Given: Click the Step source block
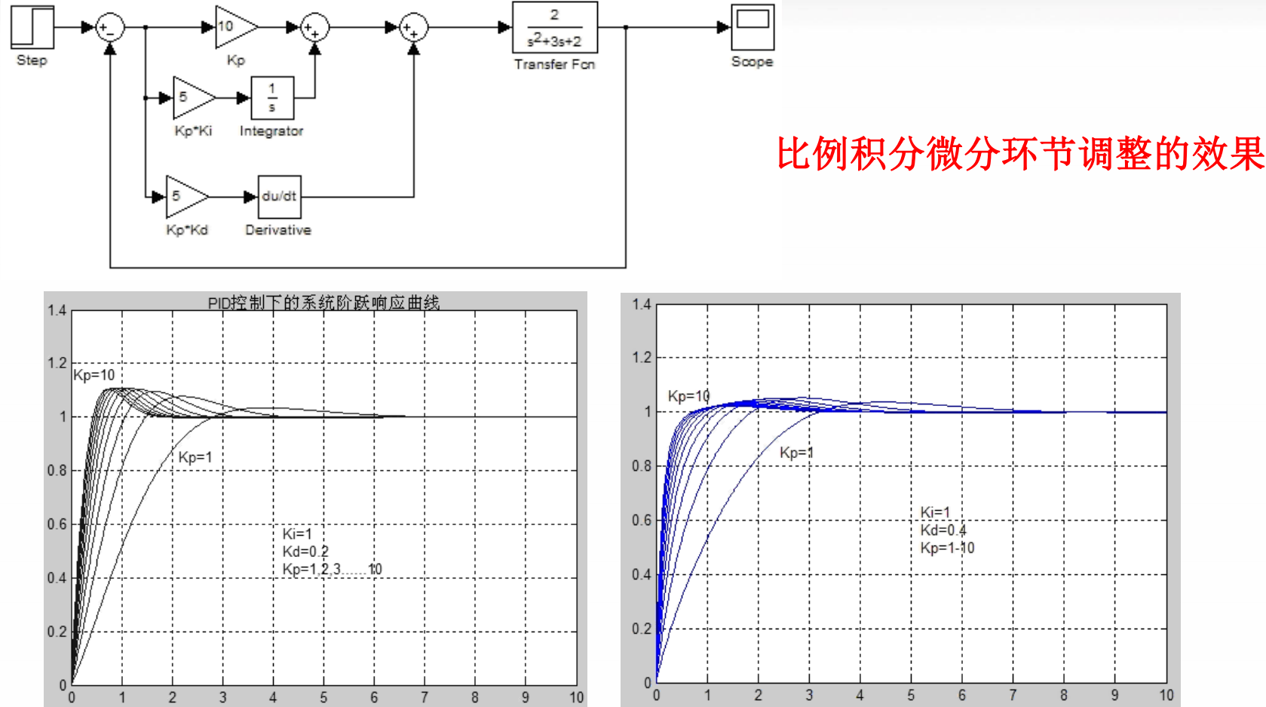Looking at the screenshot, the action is tap(32, 28).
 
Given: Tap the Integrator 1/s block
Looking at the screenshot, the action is tap(272, 98).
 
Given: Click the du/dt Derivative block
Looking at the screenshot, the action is tap(279, 197).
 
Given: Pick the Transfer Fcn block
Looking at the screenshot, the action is tap(554, 28).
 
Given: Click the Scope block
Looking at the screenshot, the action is tap(752, 27).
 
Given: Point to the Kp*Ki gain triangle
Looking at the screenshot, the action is tap(191, 98).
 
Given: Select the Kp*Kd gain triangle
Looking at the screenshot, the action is tap(183, 197).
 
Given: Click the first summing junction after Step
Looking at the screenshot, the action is tap(110, 28).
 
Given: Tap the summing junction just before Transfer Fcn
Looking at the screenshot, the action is tap(412, 28).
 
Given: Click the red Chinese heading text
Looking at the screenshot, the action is tap(1019, 154).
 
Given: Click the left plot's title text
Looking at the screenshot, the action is tap(323, 303).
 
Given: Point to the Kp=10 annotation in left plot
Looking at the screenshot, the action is tap(94, 375).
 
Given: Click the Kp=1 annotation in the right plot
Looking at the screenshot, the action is tap(796, 453).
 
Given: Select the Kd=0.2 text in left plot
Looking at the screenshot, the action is tap(305, 552).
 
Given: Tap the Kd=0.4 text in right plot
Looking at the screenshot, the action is tap(943, 530).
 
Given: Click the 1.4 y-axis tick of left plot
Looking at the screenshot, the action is tap(57, 310).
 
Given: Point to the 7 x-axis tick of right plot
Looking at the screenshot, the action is tap(1013, 695).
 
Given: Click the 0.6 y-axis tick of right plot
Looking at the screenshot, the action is tap(642, 520).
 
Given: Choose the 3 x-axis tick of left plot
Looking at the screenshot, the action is tap(222, 697).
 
